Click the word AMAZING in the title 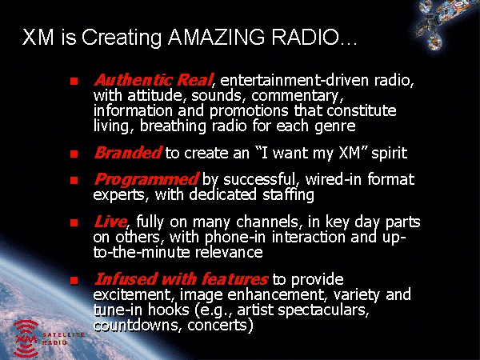[x=216, y=37]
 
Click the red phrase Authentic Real [x=153, y=80]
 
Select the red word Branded [x=128, y=153]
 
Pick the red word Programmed [x=146, y=179]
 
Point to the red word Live [x=110, y=222]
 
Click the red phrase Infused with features [x=182, y=279]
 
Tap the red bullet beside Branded [x=74, y=154]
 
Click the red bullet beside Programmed [x=74, y=180]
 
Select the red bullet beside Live [x=74, y=222]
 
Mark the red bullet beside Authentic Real [x=74, y=81]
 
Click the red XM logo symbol [x=26, y=338]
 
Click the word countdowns [x=135, y=325]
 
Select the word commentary [x=298, y=96]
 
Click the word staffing [x=288, y=195]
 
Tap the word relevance [x=229, y=252]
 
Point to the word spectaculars [x=323, y=310]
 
